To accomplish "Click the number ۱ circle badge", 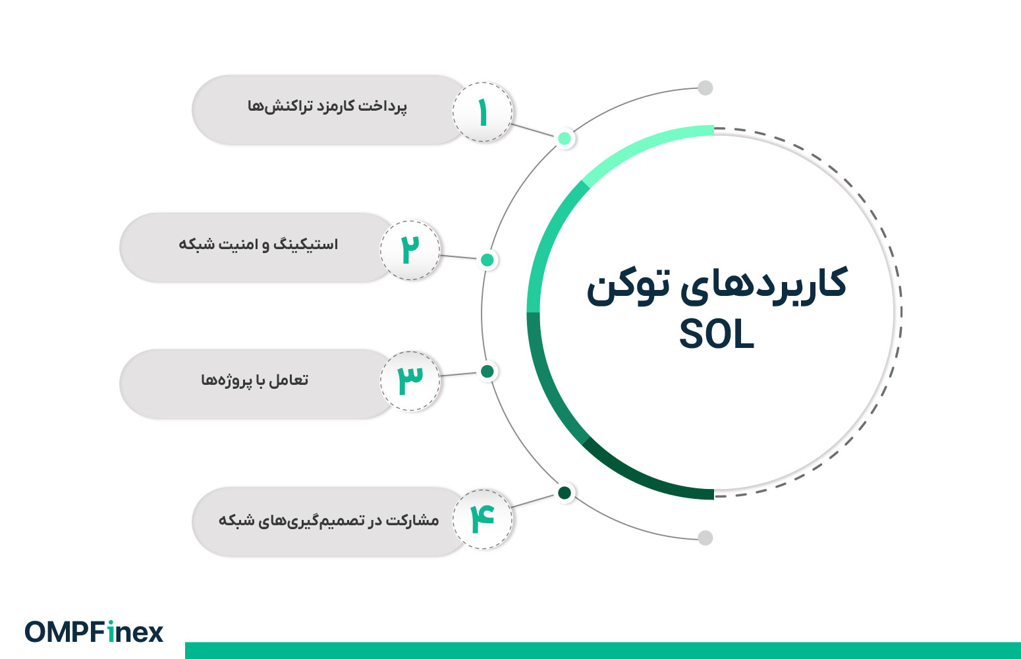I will coord(483,112).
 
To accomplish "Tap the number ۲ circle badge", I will coord(410,250).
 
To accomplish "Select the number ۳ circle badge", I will coord(410,381).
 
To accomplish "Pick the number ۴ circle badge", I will coord(483,519).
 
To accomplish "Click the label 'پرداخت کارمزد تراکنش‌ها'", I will coord(327,106).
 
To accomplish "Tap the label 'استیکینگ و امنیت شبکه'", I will coord(258,244).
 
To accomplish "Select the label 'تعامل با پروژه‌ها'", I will coord(255,380).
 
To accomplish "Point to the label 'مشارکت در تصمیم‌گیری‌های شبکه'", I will coord(329,520).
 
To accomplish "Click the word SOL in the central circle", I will coord(716,335).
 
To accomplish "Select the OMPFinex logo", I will coord(94,632).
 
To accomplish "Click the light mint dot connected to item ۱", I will coord(565,138).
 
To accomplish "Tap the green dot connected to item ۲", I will coord(487,260).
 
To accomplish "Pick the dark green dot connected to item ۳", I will coord(487,372).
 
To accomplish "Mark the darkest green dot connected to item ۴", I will coord(565,492).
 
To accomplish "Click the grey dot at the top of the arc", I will coord(705,88).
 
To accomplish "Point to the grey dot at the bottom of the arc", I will coord(705,538).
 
